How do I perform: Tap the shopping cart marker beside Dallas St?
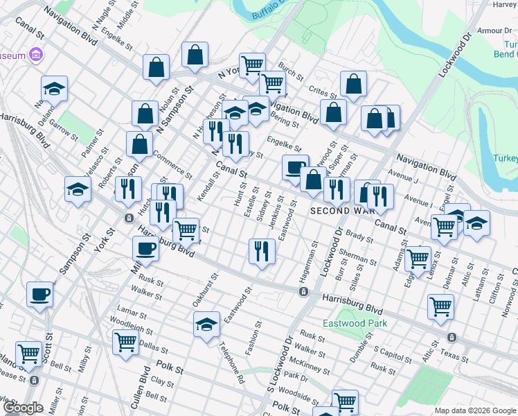point(125,341)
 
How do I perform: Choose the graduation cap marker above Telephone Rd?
point(206,324)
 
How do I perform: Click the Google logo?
point(23,408)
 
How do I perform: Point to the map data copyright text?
point(473,410)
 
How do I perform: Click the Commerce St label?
point(172,164)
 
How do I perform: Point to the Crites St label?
point(323,92)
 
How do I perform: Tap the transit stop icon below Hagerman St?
point(303,292)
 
